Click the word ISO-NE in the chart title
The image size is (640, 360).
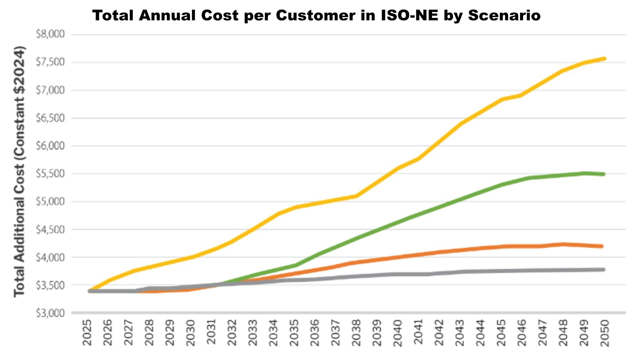click(409, 15)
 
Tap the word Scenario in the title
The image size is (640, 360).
click(504, 15)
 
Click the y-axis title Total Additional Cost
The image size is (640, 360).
click(19, 171)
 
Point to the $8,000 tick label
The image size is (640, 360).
click(50, 34)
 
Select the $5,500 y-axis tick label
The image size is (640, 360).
click(50, 174)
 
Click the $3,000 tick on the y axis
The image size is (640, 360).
click(50, 313)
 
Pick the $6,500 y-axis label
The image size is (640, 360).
click(50, 118)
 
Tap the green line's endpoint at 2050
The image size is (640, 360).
click(603, 174)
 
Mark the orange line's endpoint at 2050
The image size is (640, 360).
click(602, 246)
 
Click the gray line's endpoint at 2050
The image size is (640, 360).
click(603, 269)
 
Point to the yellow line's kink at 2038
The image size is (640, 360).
click(356, 196)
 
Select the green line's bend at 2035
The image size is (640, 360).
click(295, 265)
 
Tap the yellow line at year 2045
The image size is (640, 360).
click(501, 99)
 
